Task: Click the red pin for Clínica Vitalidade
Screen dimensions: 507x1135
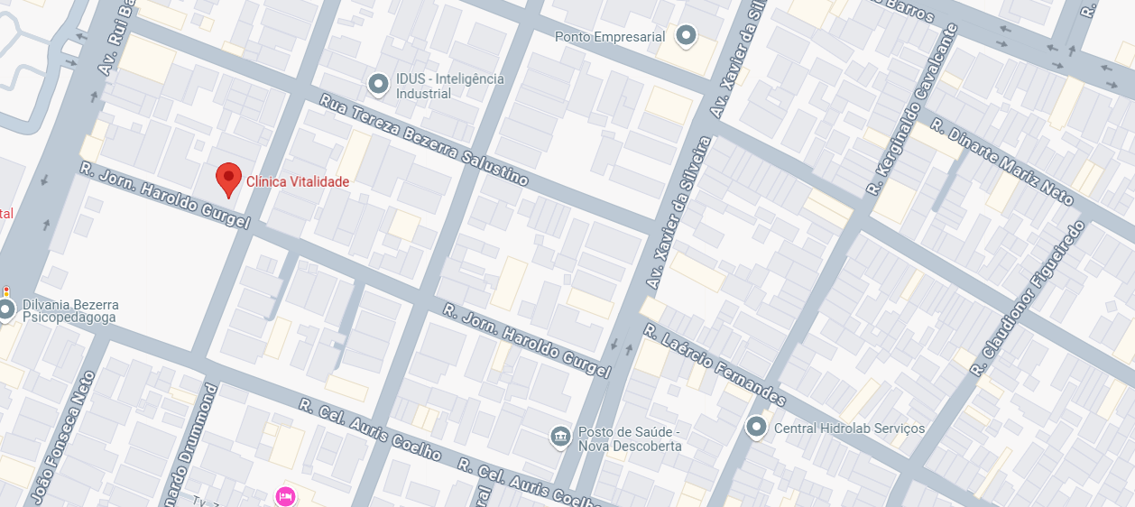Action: pyautogui.click(x=229, y=178)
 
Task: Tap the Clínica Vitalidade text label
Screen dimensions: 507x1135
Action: pyautogui.click(x=298, y=182)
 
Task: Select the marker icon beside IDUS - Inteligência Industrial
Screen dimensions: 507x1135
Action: pyautogui.click(x=379, y=85)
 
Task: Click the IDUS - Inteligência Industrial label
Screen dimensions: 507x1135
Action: pyautogui.click(x=449, y=86)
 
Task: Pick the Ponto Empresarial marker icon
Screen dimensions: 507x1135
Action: pyautogui.click(x=687, y=36)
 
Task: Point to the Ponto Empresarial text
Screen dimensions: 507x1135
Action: pyautogui.click(x=609, y=37)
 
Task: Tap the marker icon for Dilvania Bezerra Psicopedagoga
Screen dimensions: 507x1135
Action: pyautogui.click(x=6, y=310)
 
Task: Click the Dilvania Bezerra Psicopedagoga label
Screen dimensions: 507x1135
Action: pyautogui.click(x=70, y=312)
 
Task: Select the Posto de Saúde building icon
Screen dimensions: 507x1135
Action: pyautogui.click(x=560, y=438)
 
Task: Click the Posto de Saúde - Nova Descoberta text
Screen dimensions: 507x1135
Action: pyautogui.click(x=630, y=438)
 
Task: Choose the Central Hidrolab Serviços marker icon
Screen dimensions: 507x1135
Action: pyautogui.click(x=756, y=427)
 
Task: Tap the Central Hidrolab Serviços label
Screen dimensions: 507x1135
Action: pyautogui.click(x=849, y=428)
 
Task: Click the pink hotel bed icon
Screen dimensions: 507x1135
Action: pyautogui.click(x=285, y=495)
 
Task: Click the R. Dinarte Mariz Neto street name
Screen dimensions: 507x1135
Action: pyautogui.click(x=1001, y=161)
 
